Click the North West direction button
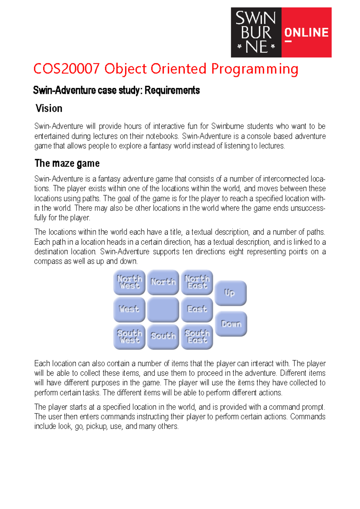point(129,282)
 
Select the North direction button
point(163,282)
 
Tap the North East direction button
point(197,282)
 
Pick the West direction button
point(129,309)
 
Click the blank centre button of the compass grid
point(163,309)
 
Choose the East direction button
point(197,309)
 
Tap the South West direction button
point(129,336)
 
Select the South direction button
point(163,336)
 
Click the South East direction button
point(197,336)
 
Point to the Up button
point(230,293)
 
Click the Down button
point(231,324)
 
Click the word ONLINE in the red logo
point(306,33)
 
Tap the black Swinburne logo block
point(256,32)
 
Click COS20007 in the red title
point(66,69)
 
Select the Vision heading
point(49,108)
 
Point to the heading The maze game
point(67,163)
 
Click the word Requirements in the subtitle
point(172,90)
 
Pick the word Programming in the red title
point(254,69)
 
